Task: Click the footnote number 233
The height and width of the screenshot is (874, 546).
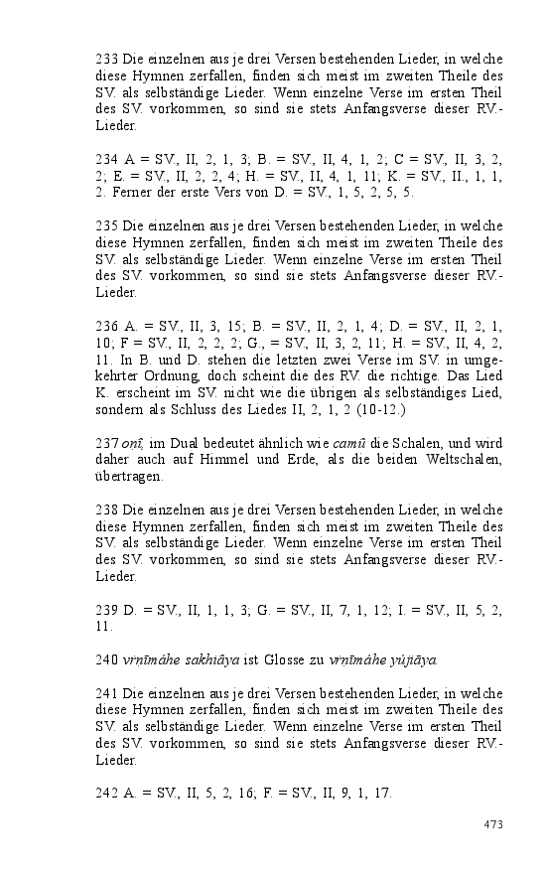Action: (107, 59)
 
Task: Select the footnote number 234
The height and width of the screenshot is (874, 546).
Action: (107, 157)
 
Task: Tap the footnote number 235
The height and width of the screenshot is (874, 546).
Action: (107, 225)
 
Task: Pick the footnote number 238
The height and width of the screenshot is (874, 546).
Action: (107, 510)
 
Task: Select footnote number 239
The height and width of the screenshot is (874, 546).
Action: (107, 608)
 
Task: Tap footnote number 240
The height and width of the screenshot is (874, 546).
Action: (107, 659)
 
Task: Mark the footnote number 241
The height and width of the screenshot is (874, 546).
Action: (107, 693)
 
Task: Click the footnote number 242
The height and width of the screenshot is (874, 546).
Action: (107, 793)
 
